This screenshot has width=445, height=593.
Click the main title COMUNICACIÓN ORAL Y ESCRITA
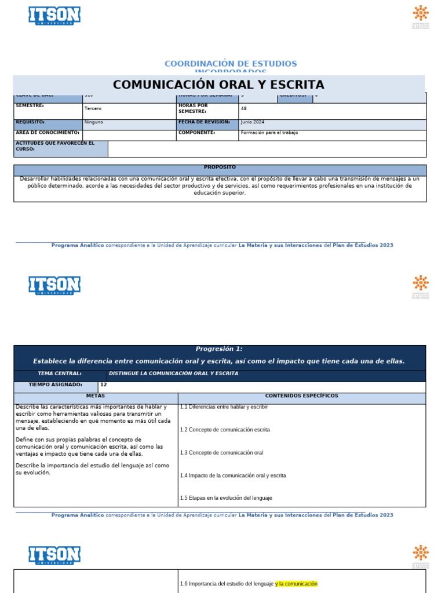tap(218, 85)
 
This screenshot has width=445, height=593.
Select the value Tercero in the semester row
tap(93, 109)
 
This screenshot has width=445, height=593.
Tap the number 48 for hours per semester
tap(244, 108)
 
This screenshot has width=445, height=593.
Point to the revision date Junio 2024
tap(253, 122)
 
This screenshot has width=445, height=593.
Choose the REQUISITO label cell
tap(30, 122)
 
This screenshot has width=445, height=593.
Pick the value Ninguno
tap(94, 123)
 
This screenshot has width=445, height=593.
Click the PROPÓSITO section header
tap(220, 167)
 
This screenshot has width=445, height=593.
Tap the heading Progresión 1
tap(219, 349)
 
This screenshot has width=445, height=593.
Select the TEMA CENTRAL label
tap(60, 374)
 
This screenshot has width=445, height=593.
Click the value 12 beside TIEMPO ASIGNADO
tap(104, 385)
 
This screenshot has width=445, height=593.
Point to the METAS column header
tap(96, 396)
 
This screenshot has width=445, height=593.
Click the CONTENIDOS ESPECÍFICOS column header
tap(301, 396)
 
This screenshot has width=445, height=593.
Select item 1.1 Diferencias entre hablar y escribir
tap(224, 407)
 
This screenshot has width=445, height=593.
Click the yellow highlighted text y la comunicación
tap(296, 584)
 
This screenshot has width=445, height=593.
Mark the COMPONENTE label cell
tap(197, 133)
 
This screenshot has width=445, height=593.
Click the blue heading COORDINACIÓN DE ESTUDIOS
tap(230, 63)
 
